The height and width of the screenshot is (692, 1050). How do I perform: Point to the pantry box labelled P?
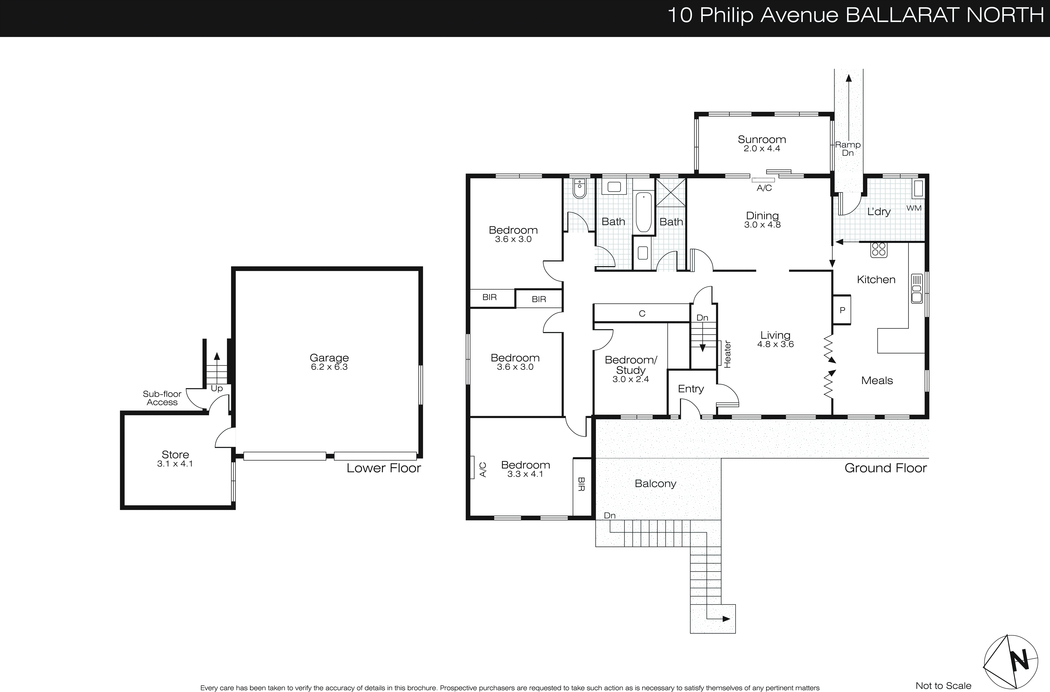coord(842,310)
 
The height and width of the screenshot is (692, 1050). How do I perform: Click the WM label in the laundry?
coord(914,208)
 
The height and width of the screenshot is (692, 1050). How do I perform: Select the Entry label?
coord(691,389)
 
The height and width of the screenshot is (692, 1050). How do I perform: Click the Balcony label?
coord(655,484)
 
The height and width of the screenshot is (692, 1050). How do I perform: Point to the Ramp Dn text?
coord(847,148)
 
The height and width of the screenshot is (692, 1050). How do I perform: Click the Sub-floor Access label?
coord(162,398)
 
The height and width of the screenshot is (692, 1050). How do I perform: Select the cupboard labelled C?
coord(642,313)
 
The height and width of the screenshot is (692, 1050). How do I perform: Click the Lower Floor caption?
coord(383,468)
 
